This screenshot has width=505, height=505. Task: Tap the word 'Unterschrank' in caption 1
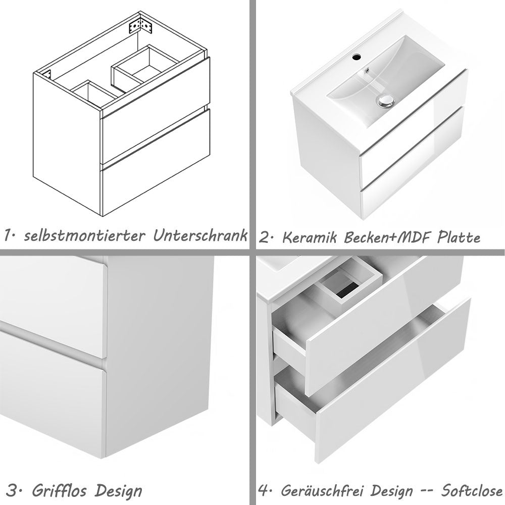click(200, 235)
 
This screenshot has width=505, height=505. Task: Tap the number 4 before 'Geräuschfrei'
click(264, 490)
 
